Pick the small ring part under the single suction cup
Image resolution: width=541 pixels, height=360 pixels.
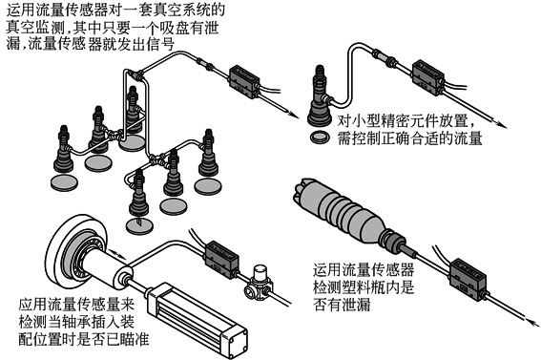click(320, 137)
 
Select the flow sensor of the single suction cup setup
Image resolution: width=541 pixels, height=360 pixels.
click(428, 76)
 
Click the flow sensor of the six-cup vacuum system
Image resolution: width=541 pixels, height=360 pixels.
click(244, 81)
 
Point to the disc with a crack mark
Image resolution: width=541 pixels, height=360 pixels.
click(139, 226)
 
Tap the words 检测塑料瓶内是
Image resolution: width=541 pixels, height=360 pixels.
click(363, 287)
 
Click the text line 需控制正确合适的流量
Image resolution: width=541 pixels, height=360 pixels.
click(409, 138)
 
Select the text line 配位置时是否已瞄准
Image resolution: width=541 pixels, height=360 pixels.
click(84, 339)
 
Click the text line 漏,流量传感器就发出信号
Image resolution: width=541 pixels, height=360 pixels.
click(90, 44)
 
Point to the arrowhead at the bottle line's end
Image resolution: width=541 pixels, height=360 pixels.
click(533, 324)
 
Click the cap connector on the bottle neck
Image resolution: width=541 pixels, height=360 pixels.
click(391, 239)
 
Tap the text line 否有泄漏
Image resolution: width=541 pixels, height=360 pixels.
click(342, 305)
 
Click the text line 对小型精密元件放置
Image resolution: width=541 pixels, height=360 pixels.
click(407, 121)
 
